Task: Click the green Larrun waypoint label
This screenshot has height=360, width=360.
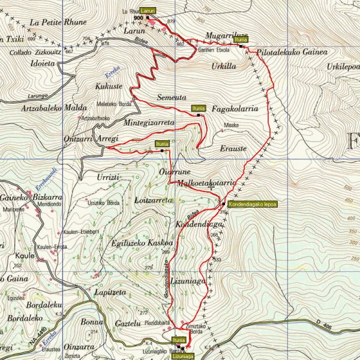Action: coord(148,11)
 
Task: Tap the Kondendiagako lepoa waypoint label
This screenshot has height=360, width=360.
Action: coord(252,204)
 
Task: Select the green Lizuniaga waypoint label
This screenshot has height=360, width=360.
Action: coord(184,356)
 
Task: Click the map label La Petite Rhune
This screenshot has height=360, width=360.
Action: coord(58,22)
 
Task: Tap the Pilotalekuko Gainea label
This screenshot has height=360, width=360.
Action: coord(292,53)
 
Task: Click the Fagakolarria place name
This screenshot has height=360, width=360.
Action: coord(235,109)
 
